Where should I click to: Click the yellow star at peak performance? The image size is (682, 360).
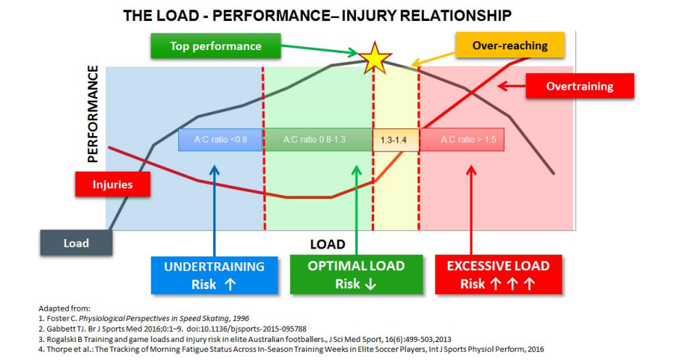tap(375, 58)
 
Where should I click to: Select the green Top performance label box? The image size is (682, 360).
tap(215, 46)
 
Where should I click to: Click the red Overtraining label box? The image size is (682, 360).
tap(579, 86)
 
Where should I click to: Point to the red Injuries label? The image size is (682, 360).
tap(112, 184)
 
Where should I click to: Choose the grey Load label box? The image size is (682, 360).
tap(76, 243)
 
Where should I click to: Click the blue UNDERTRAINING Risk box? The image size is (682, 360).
tap(215, 275)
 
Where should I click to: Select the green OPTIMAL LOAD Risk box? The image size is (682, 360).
tap(356, 275)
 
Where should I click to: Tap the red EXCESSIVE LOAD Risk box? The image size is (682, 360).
tap(497, 275)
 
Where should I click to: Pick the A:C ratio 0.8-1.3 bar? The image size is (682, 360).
tap(317, 139)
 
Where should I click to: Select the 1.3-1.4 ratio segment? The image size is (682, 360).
tap(396, 139)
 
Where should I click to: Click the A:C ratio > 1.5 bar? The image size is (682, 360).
tap(462, 139)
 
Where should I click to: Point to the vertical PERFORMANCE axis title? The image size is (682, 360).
tap(93, 114)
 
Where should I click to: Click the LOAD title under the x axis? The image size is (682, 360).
tap(328, 244)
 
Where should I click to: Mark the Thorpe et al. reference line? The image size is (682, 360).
tap(290, 348)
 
